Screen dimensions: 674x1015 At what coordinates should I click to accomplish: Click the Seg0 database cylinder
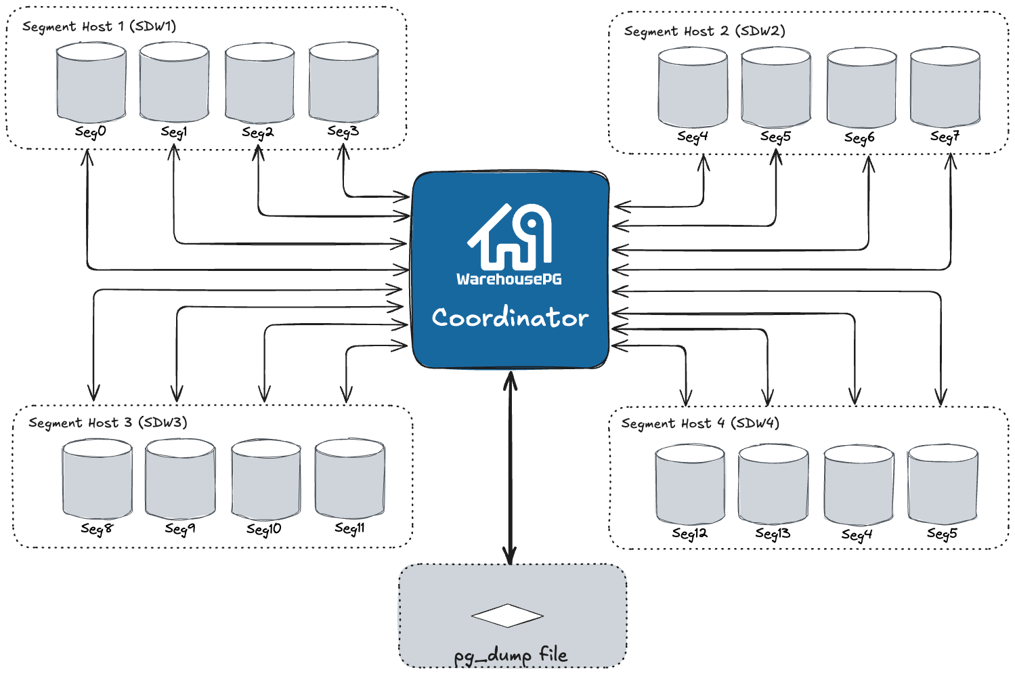pos(91,83)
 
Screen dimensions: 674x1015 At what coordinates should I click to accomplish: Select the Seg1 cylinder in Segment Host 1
pos(174,83)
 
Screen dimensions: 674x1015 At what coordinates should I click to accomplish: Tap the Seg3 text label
pos(343,131)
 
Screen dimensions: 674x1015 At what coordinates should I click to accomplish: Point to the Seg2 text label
pos(258,133)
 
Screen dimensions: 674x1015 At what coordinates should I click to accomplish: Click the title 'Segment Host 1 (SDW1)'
pos(99,27)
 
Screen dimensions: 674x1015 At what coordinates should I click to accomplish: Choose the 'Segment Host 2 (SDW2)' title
pos(704,32)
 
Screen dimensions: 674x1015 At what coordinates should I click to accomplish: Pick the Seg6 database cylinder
pos(861,87)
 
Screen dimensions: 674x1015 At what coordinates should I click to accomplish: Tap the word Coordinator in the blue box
pos(510,318)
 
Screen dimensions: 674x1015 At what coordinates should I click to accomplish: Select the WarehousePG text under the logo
pos(509,279)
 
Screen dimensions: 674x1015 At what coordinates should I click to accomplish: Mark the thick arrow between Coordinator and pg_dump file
pos(511,467)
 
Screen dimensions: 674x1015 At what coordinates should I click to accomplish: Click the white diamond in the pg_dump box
pos(507,616)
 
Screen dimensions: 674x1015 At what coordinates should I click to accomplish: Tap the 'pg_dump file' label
pos(511,655)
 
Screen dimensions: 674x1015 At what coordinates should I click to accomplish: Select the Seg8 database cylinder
pos(97,480)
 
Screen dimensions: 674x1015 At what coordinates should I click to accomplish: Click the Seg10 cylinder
pos(265,480)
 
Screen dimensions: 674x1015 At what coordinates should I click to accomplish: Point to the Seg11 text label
pos(350,528)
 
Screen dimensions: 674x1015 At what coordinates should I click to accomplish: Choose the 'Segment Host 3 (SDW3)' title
pos(108,423)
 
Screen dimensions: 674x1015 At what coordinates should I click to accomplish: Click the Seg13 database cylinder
pos(773,484)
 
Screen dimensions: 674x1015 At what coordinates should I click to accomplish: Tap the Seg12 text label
pos(690,534)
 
